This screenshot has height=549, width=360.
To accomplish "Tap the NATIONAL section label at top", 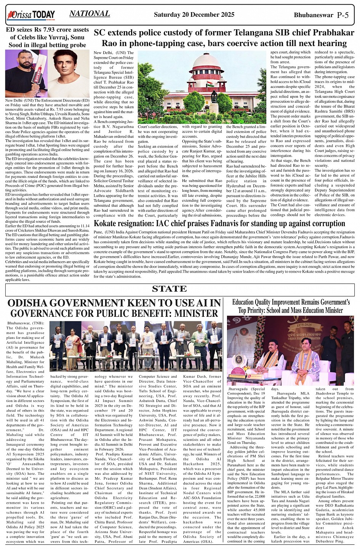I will tap(90, 14).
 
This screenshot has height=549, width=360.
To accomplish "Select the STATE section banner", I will tap(169, 289).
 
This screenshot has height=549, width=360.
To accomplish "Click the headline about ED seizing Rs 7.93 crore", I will tap(47, 37).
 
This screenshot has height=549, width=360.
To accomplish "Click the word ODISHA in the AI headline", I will tap(32, 303).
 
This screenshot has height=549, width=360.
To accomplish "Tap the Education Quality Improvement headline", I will tap(291, 306).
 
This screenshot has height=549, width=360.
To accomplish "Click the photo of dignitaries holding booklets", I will tap(136, 345).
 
